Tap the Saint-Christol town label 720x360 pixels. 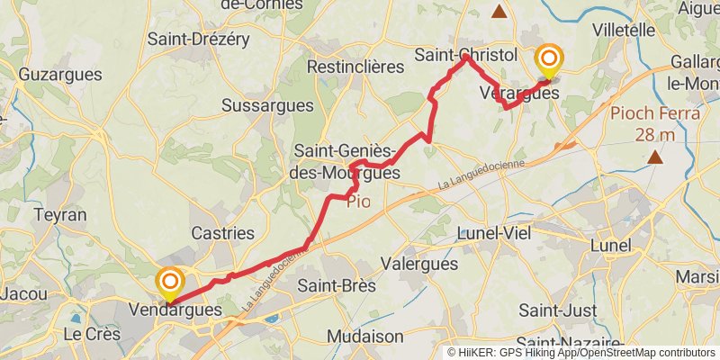coord(465,55)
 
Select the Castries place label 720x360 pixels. coord(221,233)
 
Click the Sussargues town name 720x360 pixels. coord(267,105)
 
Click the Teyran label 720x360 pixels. coord(60,215)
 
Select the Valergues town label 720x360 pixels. coord(419,265)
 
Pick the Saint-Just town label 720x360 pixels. coord(554,310)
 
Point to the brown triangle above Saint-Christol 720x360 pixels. coord(499,12)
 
